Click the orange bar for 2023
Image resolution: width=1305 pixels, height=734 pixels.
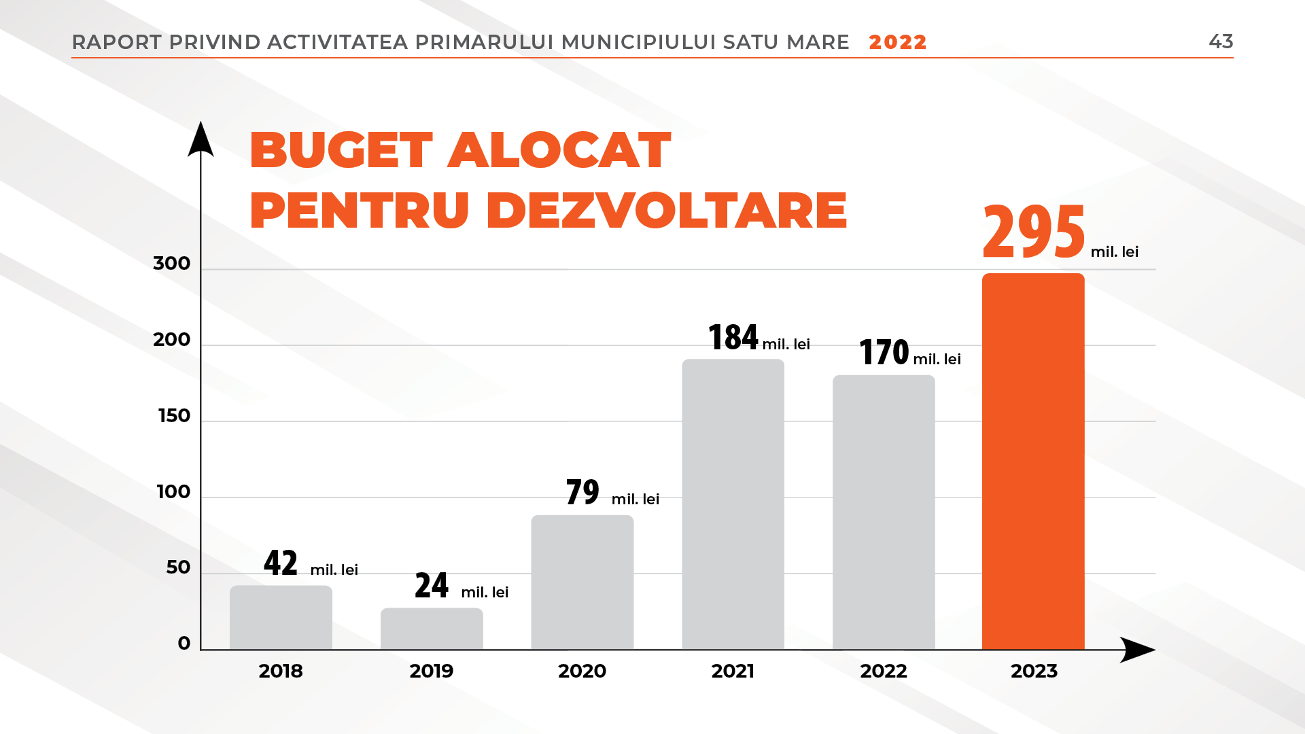click(x=1033, y=462)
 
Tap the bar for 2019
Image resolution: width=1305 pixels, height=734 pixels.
click(x=432, y=629)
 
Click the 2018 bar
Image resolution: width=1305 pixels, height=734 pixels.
click(x=281, y=617)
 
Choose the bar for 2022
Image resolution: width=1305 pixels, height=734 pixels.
click(x=884, y=512)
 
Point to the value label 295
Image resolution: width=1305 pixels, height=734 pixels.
click(x=1034, y=232)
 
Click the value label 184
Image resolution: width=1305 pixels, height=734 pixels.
click(x=733, y=337)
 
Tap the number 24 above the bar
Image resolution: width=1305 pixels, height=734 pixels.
click(x=432, y=585)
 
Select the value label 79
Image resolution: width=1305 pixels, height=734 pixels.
click(x=582, y=492)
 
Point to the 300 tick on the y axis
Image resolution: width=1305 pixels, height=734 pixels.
click(x=172, y=264)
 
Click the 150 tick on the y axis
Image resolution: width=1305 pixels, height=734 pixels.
click(x=174, y=416)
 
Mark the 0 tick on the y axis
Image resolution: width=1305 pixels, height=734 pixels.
click(x=184, y=644)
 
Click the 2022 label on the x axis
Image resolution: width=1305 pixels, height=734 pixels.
click(x=884, y=671)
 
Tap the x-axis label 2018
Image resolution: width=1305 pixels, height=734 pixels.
click(x=281, y=671)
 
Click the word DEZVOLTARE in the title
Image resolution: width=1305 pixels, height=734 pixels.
click(x=667, y=210)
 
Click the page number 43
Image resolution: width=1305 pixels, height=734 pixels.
click(x=1221, y=41)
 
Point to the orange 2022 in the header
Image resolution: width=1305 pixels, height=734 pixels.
click(x=898, y=42)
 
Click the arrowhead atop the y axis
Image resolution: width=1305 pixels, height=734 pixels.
click(x=201, y=139)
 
